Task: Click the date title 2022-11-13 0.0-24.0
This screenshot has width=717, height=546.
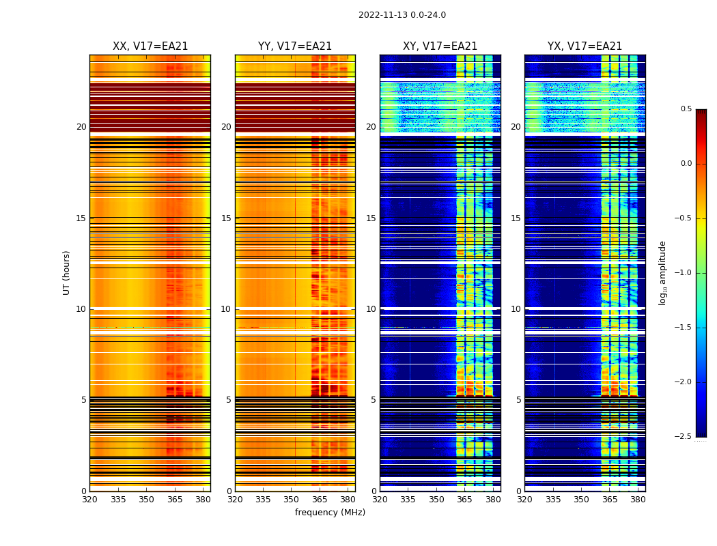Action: click(x=402, y=15)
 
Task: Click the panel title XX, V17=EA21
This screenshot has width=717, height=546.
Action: click(x=150, y=46)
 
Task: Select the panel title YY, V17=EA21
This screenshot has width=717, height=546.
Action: click(x=295, y=46)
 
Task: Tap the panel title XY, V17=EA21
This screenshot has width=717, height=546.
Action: click(x=440, y=46)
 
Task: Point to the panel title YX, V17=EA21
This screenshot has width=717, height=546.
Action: click(x=585, y=46)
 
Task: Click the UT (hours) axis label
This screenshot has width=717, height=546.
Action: click(x=67, y=272)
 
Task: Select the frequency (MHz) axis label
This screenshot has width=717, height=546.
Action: click(x=330, y=513)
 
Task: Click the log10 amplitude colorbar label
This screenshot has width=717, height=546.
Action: click(x=662, y=272)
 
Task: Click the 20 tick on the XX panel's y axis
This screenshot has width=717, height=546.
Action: click(x=81, y=127)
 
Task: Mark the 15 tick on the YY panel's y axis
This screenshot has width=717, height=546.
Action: click(x=227, y=218)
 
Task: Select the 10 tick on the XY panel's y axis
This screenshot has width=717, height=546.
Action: click(x=371, y=309)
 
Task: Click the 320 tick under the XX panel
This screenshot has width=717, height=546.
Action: click(x=89, y=500)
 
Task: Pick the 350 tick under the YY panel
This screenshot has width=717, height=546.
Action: click(x=292, y=500)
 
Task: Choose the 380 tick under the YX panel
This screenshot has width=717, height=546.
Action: click(x=638, y=500)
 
